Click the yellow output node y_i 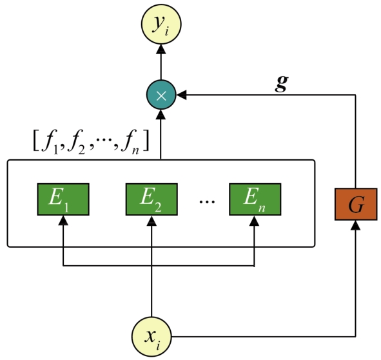pyautogui.click(x=161, y=25)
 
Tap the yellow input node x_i pyautogui.click(x=151, y=337)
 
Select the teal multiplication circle pyautogui.click(x=161, y=95)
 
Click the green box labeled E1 pyautogui.click(x=63, y=199)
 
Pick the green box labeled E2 pyautogui.click(x=151, y=199)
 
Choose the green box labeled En pyautogui.click(x=255, y=199)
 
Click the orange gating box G pyautogui.click(x=356, y=204)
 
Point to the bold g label pyautogui.click(x=282, y=83)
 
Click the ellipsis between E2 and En pyautogui.click(x=207, y=201)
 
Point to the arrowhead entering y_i pyautogui.click(x=161, y=49)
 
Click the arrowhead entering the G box pyautogui.click(x=356, y=225)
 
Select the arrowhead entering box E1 pyautogui.click(x=63, y=221)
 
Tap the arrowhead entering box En pyautogui.click(x=255, y=221)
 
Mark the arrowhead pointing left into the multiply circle pyautogui.click(x=181, y=95)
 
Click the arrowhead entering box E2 pyautogui.click(x=151, y=221)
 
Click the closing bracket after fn pyautogui.click(x=146, y=141)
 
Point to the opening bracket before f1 pyautogui.click(x=35, y=141)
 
